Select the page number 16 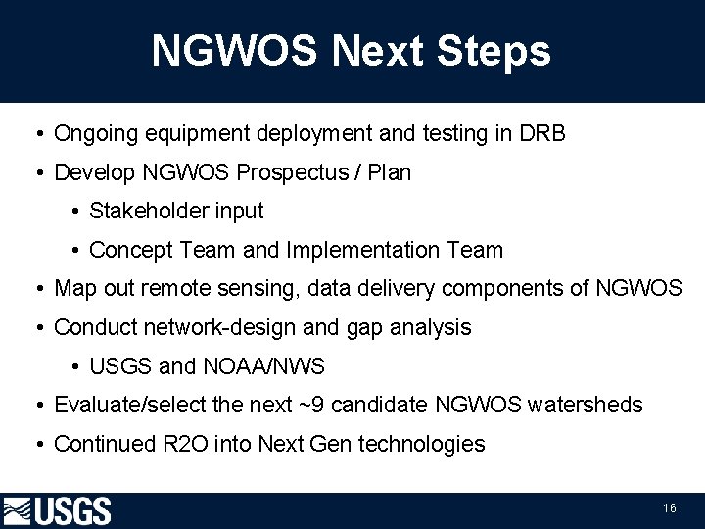point(670,508)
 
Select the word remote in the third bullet point(174,288)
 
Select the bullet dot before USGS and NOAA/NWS point(75,367)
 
